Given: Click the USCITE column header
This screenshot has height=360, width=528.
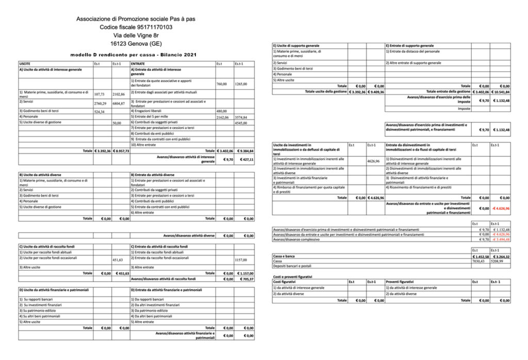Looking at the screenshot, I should [25, 63].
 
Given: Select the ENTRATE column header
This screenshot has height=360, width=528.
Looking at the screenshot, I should [138, 63].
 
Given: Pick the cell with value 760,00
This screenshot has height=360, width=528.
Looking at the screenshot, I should [222, 84].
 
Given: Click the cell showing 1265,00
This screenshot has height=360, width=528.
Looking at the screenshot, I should [241, 84].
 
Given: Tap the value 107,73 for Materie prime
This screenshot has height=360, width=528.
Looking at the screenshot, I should [100, 94].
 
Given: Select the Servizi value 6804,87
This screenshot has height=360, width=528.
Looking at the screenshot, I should [119, 103].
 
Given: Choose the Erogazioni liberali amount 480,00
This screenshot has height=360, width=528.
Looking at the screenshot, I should [222, 111].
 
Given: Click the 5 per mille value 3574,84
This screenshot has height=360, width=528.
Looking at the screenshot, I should [241, 117].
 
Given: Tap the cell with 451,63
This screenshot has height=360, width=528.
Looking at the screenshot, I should [118, 259].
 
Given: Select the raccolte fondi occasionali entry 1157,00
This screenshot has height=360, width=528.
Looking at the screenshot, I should [241, 259].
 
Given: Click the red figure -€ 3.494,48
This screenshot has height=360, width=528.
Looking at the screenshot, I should [500, 239].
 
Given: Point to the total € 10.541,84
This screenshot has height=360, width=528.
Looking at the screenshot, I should [501, 91].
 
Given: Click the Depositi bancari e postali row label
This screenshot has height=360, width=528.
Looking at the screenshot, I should [293, 266].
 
